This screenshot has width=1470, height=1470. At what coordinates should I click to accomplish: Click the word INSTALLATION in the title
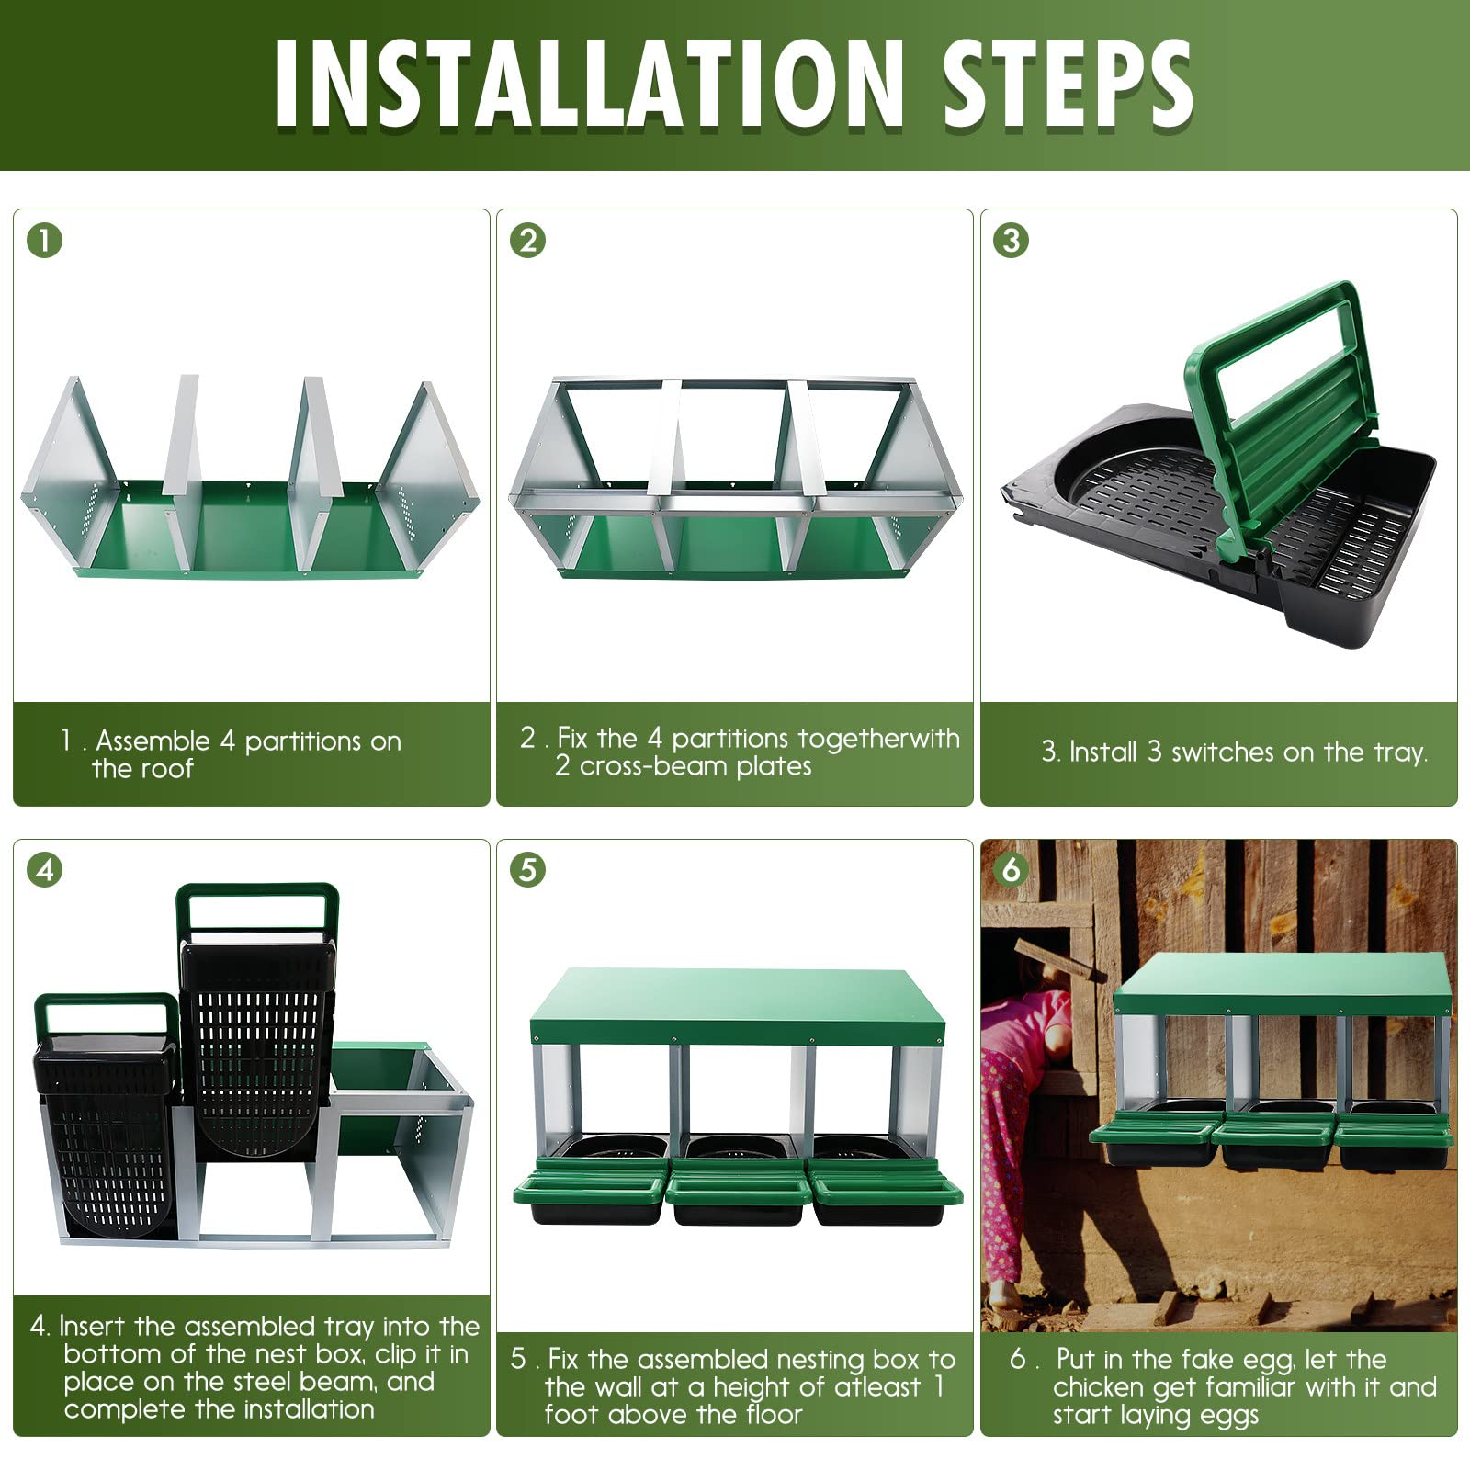pos(589,84)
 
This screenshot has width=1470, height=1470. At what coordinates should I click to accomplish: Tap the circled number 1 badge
pos(44,241)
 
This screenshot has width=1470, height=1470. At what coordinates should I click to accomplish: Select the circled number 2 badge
pos(527,241)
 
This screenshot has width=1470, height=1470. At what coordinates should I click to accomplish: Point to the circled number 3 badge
pos(1011,241)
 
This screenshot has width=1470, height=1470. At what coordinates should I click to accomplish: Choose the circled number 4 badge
pos(44,869)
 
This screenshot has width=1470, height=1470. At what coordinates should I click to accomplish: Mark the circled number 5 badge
pos(527,869)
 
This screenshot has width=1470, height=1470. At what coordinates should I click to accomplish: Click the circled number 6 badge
pos(1011,869)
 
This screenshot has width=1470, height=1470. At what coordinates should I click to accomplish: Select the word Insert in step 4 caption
pos(93,1327)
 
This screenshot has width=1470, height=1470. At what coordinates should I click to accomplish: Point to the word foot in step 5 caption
pos(570,1414)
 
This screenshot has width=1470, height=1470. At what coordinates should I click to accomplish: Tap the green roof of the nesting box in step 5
pos(738,1006)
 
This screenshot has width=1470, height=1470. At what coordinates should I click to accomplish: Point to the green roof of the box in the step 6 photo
pos(1283,983)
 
